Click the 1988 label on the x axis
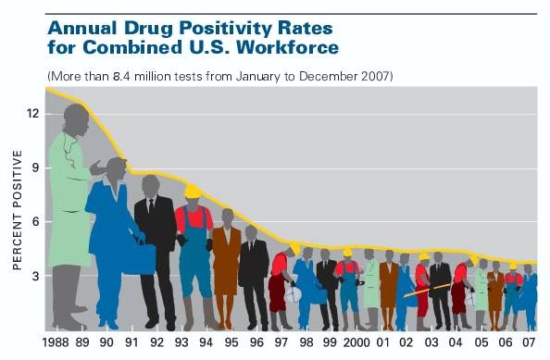pos(56,342)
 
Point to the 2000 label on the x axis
pos(356,342)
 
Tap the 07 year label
pos(529,342)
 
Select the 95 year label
pos(231,342)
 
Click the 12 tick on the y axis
pos(32,114)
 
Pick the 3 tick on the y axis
pos(36,276)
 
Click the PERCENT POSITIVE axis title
pos(18,210)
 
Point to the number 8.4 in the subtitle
pos(121,76)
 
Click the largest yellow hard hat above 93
pos(193,192)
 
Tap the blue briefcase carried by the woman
pos(139,259)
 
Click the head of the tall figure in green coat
pos(77,120)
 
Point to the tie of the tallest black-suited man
pos(151,205)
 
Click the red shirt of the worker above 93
pos(194,219)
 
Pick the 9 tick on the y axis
pos(36,168)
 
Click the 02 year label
pos(406,342)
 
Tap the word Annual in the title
pos(82,28)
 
